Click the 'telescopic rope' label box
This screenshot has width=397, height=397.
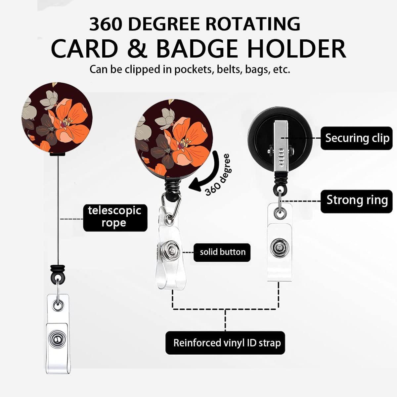115,218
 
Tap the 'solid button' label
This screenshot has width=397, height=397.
222,252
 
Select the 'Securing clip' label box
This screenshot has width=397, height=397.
356,138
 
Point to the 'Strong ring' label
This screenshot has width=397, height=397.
356,201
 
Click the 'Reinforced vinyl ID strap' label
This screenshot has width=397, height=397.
225,343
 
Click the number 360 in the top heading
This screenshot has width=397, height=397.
106,24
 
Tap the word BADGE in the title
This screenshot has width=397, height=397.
197,49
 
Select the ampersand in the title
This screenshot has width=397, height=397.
137,49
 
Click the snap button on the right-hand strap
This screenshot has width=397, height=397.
280,248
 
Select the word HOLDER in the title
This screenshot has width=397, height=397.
297,49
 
